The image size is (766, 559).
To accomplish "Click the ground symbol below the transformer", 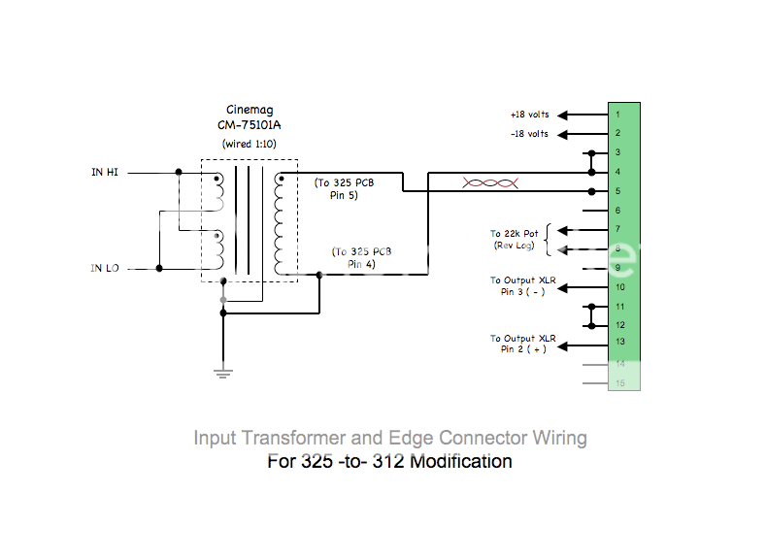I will pyautogui.click(x=223, y=373).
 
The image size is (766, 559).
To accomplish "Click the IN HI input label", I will pyautogui.click(x=105, y=172).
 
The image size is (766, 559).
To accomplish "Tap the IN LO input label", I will pyautogui.click(x=105, y=268).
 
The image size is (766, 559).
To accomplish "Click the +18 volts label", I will pyautogui.click(x=529, y=115).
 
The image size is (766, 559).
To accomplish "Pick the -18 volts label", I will pyautogui.click(x=529, y=133).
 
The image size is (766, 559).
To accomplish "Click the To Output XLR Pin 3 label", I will pyautogui.click(x=521, y=285).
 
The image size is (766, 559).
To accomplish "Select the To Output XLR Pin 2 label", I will pyautogui.click(x=521, y=343).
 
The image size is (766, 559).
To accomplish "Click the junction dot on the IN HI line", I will pyautogui.click(x=178, y=172).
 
